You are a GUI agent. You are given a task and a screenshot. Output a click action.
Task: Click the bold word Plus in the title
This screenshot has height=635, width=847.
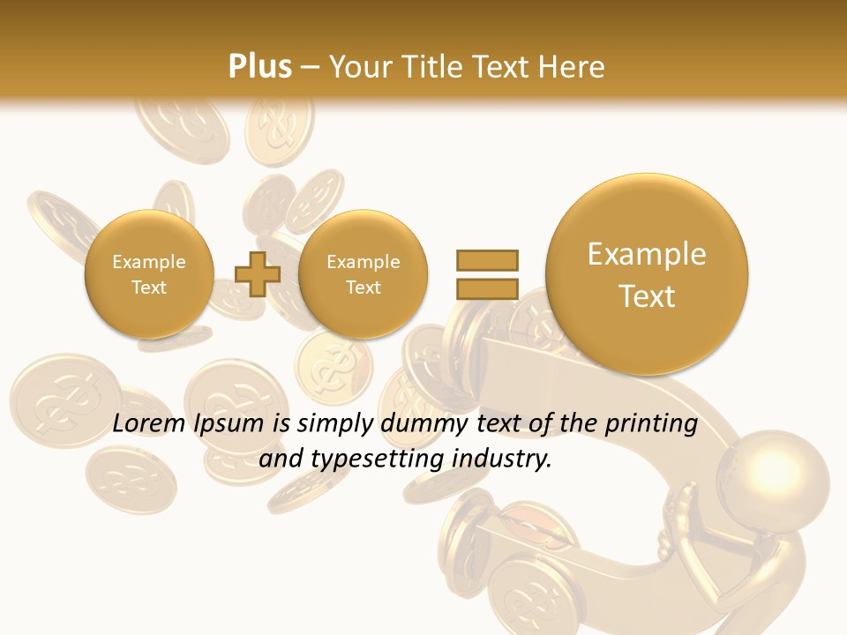pyautogui.click(x=259, y=66)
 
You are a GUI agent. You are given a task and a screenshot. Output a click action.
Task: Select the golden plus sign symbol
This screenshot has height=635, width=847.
pyautogui.click(x=258, y=274)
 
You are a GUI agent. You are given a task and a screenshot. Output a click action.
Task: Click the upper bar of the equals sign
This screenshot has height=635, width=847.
pyautogui.click(x=486, y=260)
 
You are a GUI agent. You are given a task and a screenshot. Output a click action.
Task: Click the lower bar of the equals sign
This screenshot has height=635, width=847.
pyautogui.click(x=486, y=288)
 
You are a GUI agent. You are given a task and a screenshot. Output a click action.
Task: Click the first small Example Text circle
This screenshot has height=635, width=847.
pyautogui.click(x=148, y=274)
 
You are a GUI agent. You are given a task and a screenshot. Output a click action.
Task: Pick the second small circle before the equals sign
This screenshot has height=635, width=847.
pyautogui.click(x=363, y=274)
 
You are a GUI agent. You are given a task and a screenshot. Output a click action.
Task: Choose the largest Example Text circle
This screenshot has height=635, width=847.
pyautogui.click(x=647, y=274)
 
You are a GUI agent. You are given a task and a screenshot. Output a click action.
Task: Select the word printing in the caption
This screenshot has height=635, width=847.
pyautogui.click(x=652, y=425)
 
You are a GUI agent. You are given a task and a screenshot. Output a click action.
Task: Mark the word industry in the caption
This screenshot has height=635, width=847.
pyautogui.click(x=501, y=459)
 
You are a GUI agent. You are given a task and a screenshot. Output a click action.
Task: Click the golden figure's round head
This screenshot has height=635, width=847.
pyautogui.click(x=774, y=475)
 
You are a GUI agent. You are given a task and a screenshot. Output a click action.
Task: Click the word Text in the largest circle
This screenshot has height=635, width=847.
pyautogui.click(x=647, y=296)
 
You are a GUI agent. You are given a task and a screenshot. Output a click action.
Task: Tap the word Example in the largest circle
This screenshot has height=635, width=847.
pyautogui.click(x=647, y=254)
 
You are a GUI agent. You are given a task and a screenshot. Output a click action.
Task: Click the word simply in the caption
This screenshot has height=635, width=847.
pyautogui.click(x=335, y=425)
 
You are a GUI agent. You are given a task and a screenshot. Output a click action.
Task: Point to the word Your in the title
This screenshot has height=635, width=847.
pyautogui.click(x=360, y=66)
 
